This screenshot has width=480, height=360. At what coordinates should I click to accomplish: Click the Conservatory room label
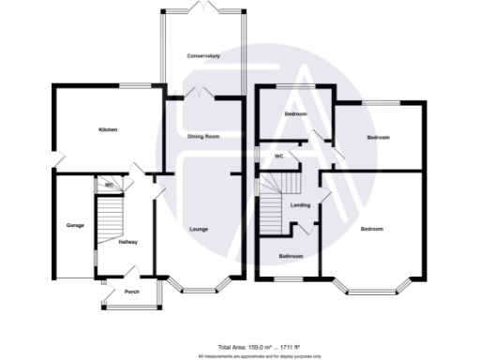(203, 56)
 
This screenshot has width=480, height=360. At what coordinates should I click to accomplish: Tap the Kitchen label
(109, 129)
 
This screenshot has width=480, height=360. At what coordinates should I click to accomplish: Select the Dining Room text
(203, 137)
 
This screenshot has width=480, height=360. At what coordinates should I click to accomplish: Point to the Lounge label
(199, 229)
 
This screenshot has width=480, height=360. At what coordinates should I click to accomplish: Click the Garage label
(75, 226)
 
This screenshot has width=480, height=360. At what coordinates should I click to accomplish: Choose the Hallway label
(128, 242)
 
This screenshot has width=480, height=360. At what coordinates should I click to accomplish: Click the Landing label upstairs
(301, 204)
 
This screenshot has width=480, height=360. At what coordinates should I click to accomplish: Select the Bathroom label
(290, 255)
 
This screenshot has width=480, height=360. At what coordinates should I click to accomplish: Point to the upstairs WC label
(279, 156)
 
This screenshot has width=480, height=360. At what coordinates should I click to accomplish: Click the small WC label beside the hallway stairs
(110, 185)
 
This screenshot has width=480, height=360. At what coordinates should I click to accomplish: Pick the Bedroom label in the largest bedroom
(372, 230)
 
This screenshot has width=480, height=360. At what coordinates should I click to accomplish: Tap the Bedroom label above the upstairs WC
(296, 114)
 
